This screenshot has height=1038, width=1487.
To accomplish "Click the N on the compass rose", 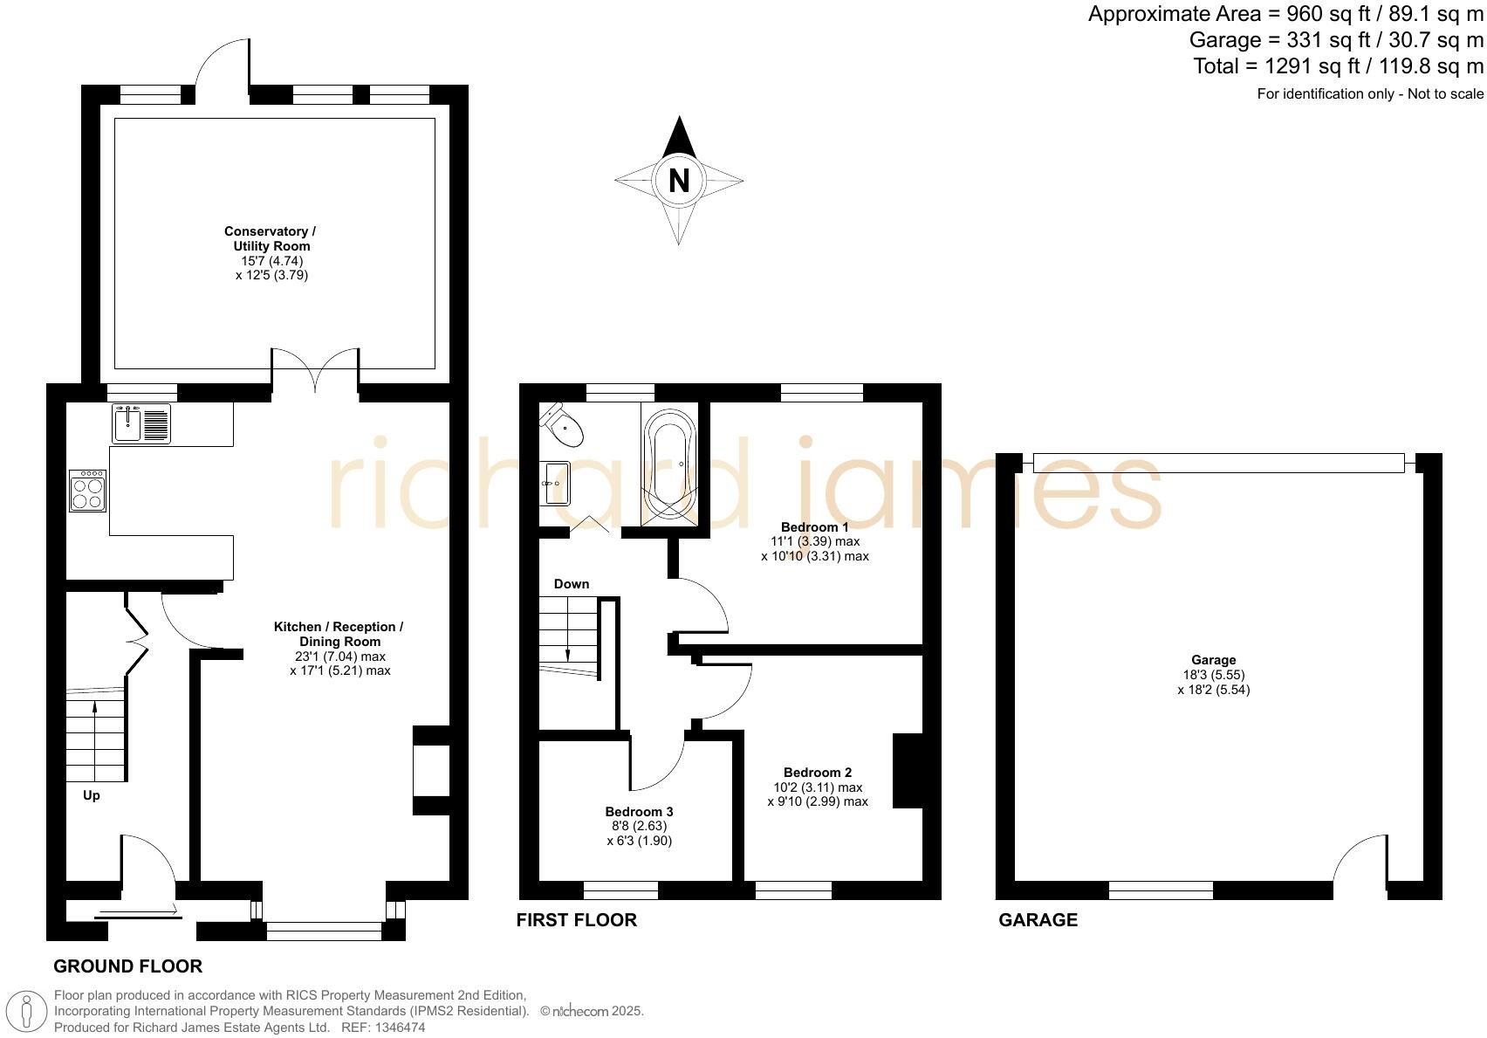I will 679,181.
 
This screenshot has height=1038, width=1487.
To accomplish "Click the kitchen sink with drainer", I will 141,423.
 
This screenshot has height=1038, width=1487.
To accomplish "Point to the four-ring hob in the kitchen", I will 88,492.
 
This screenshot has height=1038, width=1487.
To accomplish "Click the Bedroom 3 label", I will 639,811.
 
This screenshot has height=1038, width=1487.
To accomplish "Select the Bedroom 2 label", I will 818,772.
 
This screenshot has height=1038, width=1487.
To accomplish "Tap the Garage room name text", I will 1213,660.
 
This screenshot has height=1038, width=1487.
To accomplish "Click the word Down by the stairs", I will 572,583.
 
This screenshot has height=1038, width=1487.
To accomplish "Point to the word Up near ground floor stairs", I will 92,794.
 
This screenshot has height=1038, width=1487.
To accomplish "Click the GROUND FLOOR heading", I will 127,966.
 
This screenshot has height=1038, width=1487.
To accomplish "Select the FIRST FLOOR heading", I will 576,919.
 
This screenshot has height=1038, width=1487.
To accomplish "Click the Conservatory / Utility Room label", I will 271,238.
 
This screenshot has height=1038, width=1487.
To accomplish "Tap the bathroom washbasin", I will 556,483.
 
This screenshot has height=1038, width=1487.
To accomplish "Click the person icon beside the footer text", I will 27,1012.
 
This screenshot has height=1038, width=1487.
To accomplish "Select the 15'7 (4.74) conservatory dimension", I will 272,260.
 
